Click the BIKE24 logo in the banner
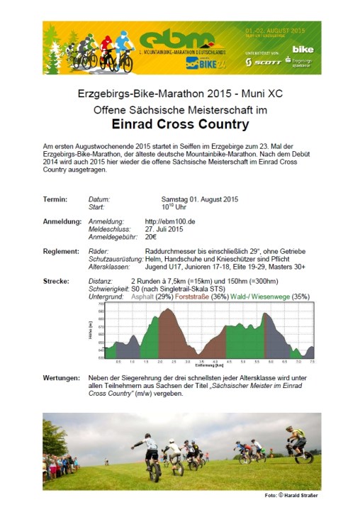point(201,62)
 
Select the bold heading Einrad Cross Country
point(181,125)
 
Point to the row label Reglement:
point(60,251)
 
